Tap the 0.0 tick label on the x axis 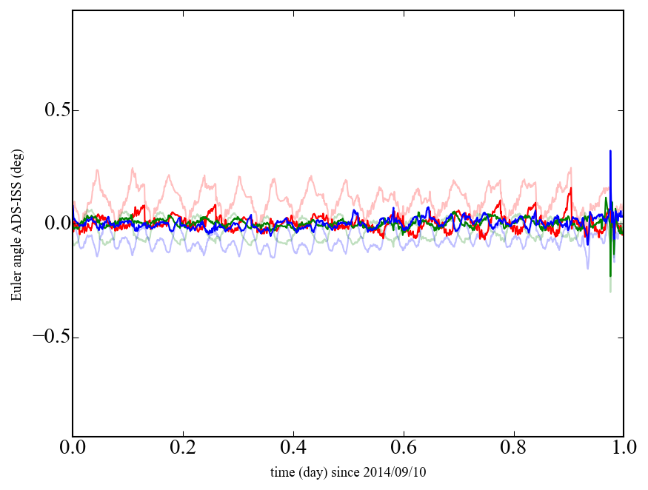click(73, 449)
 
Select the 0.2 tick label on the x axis click(183, 449)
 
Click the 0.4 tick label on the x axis click(293, 449)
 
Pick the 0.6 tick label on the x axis click(404, 449)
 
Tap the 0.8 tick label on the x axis click(513, 449)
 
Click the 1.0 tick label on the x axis click(623, 449)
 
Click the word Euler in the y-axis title click(16, 288)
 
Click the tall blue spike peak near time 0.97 click(610, 151)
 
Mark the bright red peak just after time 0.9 click(571, 188)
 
